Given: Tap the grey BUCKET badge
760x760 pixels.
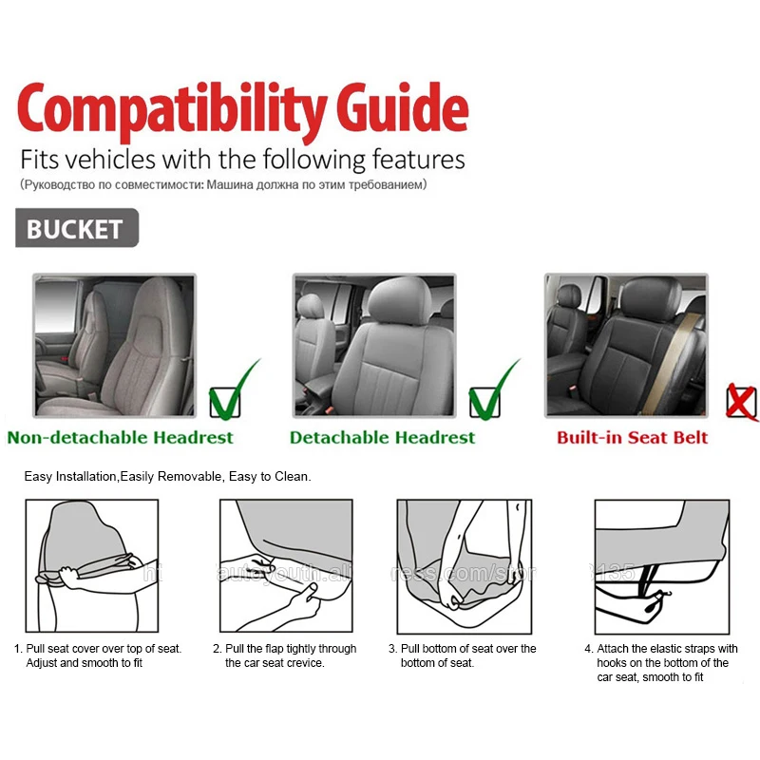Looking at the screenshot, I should pos(76,229).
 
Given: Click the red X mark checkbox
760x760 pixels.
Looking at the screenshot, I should pos(740,402).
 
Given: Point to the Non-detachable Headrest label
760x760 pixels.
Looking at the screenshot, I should pos(120,438).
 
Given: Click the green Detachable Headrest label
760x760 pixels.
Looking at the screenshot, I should pos(382,438).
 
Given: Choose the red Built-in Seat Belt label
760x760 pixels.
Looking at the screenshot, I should pos(632,438).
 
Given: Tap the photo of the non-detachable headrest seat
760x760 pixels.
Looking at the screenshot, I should pos(114,345).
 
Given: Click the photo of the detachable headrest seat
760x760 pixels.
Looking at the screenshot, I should pos(373,345).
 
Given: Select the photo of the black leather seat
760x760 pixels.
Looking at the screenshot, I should pos(625,345).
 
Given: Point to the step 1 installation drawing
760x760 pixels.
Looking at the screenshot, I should pos(93,566).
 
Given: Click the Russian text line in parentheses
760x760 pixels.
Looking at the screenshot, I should pos(223,184).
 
